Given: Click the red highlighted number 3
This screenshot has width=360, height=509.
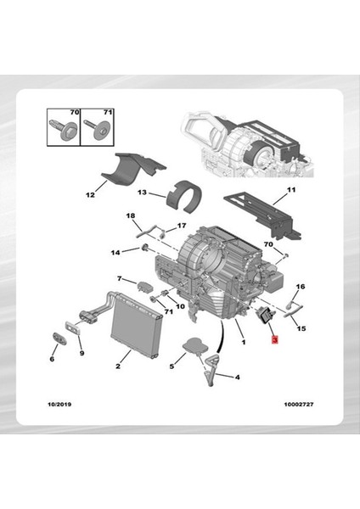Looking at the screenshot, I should (273, 340).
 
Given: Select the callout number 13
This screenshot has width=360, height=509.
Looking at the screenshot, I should (143, 193).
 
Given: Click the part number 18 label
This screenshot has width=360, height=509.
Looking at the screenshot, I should (131, 216).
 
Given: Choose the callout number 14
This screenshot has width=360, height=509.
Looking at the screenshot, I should (115, 252).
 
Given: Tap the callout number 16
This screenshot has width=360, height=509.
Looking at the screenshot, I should (301, 288).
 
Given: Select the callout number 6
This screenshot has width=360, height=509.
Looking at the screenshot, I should (52, 360).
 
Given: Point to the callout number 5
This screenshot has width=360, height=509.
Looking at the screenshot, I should (172, 366).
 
